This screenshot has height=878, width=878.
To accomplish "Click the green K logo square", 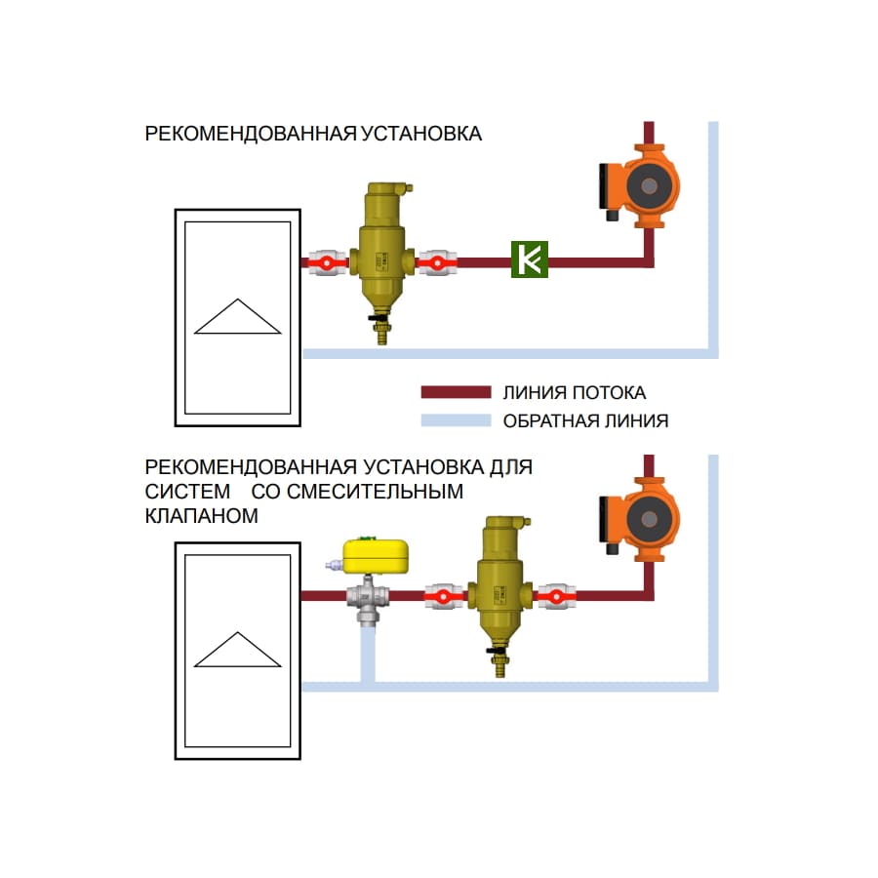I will (531, 259).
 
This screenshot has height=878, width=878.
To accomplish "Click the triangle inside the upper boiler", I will (238, 317).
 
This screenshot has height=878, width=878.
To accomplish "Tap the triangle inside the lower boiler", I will (238, 651).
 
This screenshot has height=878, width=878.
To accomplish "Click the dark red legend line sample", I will (455, 392).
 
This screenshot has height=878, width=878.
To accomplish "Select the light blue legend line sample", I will (455, 421).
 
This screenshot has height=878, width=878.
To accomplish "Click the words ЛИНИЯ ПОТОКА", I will (574, 393).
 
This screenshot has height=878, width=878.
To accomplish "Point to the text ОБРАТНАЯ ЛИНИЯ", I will (585, 421).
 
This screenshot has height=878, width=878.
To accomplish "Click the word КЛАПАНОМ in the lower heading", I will (202, 516).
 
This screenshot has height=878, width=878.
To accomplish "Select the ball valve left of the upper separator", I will (328, 261).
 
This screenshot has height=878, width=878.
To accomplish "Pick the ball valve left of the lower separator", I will (445, 595).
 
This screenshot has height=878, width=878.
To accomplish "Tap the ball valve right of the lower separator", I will (555, 595).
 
